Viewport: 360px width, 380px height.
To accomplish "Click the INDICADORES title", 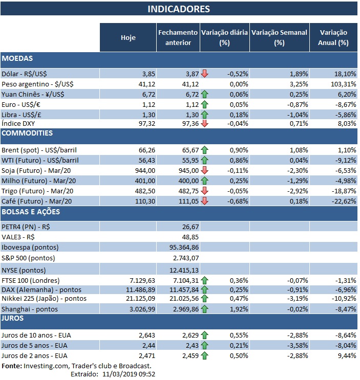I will [x=178, y=9].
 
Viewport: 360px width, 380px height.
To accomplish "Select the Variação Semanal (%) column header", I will [x=279, y=37].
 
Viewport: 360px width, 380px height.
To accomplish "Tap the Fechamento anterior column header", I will [x=178, y=37].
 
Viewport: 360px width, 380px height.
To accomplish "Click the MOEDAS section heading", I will [x=17, y=59].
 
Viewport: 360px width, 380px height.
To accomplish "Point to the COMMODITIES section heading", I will [x=27, y=133].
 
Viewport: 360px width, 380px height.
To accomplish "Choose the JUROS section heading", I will [x=14, y=318].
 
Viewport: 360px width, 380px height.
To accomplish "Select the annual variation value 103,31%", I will [x=342, y=83].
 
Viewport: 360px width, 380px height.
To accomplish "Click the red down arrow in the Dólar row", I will [x=205, y=74].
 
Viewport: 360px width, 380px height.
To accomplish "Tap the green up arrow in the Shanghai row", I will [x=205, y=309].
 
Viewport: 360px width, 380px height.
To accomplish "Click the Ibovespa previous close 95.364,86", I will [x=180, y=247].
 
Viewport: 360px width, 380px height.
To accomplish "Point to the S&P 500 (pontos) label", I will [x=28, y=258].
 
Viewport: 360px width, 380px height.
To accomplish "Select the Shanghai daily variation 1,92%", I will [x=239, y=309].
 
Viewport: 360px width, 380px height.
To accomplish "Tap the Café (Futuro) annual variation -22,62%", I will [x=342, y=200].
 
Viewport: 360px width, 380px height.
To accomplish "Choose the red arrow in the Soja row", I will [x=205, y=170].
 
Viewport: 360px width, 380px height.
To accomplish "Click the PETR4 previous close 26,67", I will [x=189, y=226].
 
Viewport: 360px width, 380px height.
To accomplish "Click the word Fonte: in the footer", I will [x=12, y=366].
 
